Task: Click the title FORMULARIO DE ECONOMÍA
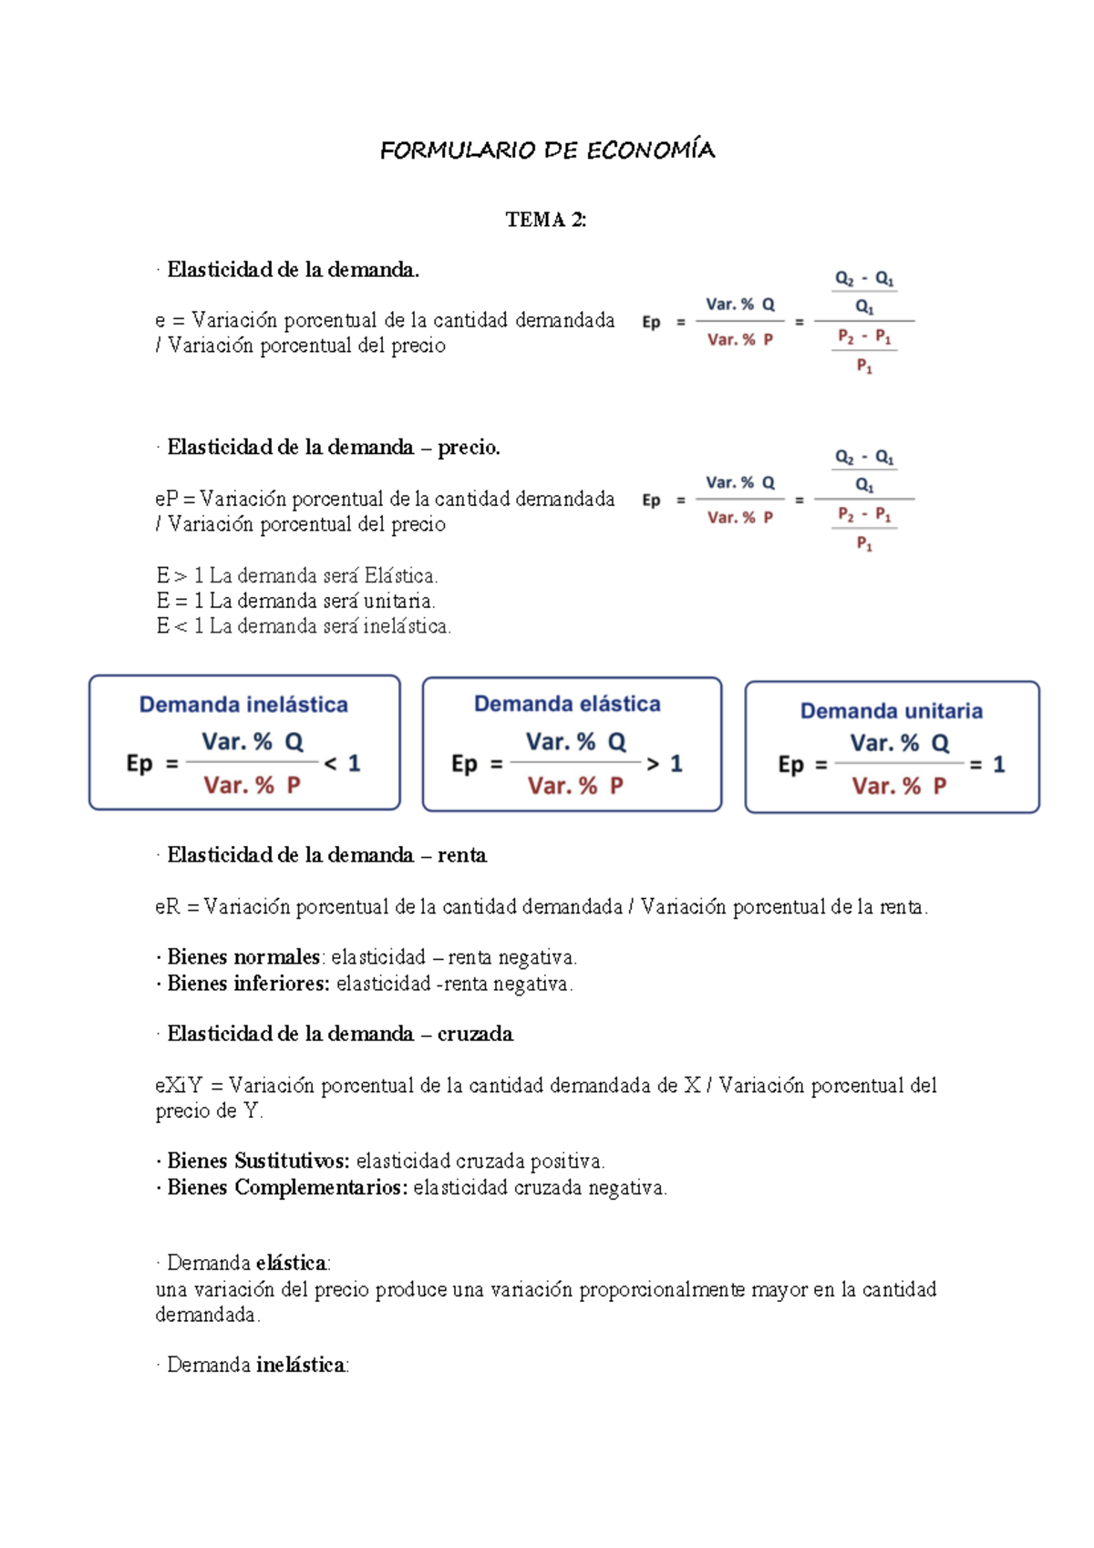(x=547, y=150)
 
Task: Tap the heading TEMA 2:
(x=546, y=220)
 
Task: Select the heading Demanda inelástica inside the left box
(x=243, y=705)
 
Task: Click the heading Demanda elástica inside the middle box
(x=567, y=704)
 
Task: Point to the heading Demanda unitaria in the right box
(x=891, y=711)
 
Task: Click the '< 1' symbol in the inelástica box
(x=343, y=764)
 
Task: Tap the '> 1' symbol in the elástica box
(x=664, y=764)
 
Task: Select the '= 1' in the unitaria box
(x=987, y=765)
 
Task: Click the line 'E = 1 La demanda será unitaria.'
(x=295, y=601)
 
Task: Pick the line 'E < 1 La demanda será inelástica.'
(x=304, y=626)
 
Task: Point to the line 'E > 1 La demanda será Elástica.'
(x=297, y=576)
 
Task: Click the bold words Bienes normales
(x=243, y=957)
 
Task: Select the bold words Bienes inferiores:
(x=248, y=984)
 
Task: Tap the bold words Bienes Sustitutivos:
(x=258, y=1161)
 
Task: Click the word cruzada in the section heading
(x=475, y=1034)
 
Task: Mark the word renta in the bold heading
(x=461, y=855)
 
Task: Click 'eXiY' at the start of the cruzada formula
(x=179, y=1086)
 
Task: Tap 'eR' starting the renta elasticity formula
(x=168, y=907)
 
